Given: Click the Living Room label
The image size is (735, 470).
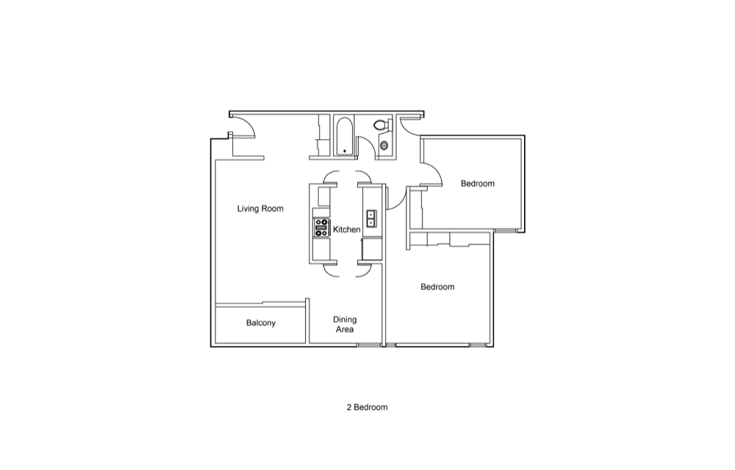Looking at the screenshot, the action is [x=260, y=209].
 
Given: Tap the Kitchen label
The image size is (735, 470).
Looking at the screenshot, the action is [x=346, y=229].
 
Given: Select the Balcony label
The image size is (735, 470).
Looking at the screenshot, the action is [x=261, y=323].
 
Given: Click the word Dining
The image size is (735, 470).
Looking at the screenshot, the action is [x=345, y=319].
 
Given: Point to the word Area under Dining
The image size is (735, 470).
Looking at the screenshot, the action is [x=345, y=330].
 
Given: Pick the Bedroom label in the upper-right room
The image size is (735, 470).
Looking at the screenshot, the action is [x=477, y=184].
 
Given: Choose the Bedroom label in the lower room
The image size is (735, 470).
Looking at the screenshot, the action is [x=437, y=287].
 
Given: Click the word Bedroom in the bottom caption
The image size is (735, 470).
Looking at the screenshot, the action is [x=370, y=408].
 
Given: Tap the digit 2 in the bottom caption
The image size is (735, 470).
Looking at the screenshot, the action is [x=349, y=408].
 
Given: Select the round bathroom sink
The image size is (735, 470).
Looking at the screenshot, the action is [x=384, y=145].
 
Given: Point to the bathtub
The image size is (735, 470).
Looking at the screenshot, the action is [x=345, y=137].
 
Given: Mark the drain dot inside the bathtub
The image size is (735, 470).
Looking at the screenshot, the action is [x=345, y=151].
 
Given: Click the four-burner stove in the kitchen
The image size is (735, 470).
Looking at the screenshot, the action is [x=322, y=228].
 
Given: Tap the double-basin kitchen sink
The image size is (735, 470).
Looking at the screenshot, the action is [x=370, y=219].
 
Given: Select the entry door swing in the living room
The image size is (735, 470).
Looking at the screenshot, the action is [x=245, y=127].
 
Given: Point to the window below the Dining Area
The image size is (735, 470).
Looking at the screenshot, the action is [x=369, y=345].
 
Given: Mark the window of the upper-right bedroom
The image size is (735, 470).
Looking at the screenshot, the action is [x=506, y=231].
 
